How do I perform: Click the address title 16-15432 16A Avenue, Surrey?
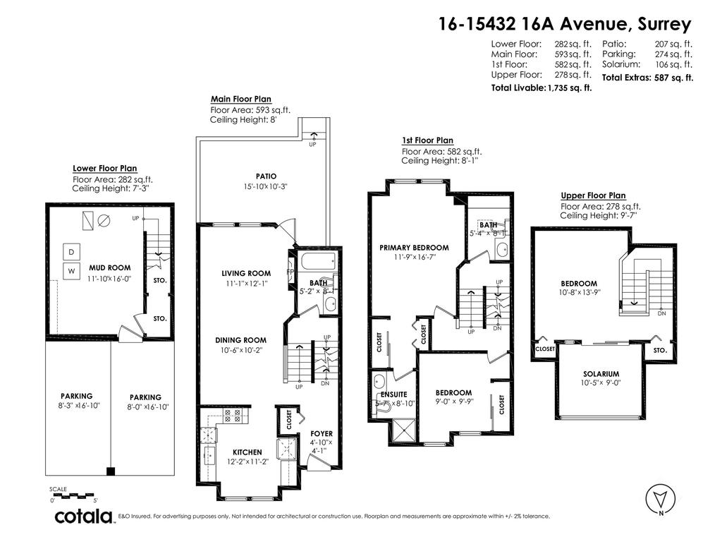tap(564, 24)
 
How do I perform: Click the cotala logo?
tap(85, 517)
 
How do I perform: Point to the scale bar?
tap(73, 495)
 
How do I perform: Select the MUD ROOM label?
tap(109, 268)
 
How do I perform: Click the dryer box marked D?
tap(71, 252)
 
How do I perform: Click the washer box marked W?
tap(71, 271)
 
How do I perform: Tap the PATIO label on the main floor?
tap(266, 176)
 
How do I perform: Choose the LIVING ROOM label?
tap(246, 273)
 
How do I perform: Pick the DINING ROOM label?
tap(240, 340)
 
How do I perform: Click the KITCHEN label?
tap(247, 452)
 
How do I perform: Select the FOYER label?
tap(322, 434)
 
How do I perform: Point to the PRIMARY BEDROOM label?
tap(414, 248)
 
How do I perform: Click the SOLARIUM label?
tap(601, 374)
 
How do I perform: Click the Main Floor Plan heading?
tap(240, 100)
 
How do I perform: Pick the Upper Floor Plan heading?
tap(593, 195)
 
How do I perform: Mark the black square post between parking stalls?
tap(110, 471)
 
